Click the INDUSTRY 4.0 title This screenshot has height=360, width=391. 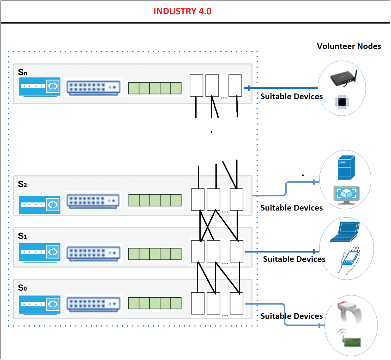click(182, 11)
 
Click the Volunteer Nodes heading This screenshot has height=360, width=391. click(349, 46)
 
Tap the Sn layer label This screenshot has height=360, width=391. click(22, 72)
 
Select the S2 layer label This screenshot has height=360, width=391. click(22, 184)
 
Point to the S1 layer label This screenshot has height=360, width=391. click(22, 236)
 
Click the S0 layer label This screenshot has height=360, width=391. click(22, 288)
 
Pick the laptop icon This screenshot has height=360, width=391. click(345, 232)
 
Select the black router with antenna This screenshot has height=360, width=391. click(344, 78)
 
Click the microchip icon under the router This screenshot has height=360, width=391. click(342, 102)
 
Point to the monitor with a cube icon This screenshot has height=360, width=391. click(346, 195)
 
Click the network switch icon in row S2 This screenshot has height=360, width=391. click(93, 201)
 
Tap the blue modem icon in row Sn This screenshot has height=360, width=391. click(39, 87)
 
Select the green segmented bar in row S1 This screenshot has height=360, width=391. click(155, 254)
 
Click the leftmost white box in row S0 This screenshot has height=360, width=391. click(198, 303)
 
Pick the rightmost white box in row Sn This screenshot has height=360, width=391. click(235, 86)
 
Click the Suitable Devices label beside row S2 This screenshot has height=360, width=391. click(291, 208)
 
